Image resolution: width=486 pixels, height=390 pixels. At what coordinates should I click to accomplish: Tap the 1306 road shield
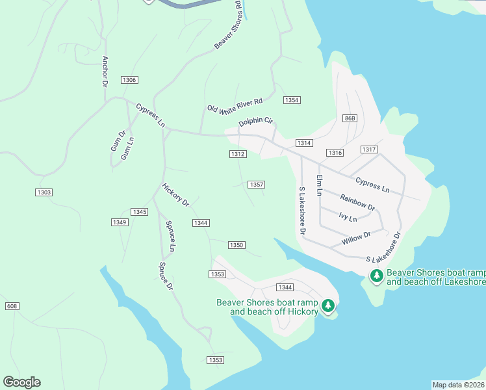click(129, 80)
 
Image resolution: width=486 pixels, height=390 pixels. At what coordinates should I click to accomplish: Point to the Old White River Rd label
click(235, 106)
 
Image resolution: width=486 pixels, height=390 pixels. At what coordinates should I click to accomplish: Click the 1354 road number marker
click(292, 100)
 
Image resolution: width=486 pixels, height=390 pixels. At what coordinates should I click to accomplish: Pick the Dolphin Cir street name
click(256, 122)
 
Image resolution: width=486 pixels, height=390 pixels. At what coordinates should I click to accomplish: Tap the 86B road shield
click(350, 118)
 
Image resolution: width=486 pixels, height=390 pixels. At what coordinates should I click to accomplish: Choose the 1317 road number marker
click(369, 149)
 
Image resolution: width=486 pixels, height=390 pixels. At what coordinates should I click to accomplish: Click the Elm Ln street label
click(319, 185)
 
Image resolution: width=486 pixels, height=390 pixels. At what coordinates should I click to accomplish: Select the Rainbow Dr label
click(357, 203)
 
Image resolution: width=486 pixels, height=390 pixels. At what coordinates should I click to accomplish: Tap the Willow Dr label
click(356, 239)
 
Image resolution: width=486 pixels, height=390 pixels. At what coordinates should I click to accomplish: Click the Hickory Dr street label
click(175, 194)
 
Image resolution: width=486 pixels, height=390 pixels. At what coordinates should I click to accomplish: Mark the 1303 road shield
click(44, 192)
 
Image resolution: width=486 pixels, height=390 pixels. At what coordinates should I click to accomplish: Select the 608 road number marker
click(12, 305)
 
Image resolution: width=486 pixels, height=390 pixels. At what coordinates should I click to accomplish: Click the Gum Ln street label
click(129, 149)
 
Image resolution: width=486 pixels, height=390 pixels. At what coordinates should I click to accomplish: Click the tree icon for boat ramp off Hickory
click(329, 305)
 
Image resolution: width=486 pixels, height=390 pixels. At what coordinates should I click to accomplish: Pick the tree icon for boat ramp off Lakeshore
click(376, 276)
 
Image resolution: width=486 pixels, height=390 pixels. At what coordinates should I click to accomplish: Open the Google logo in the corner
click(21, 382)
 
